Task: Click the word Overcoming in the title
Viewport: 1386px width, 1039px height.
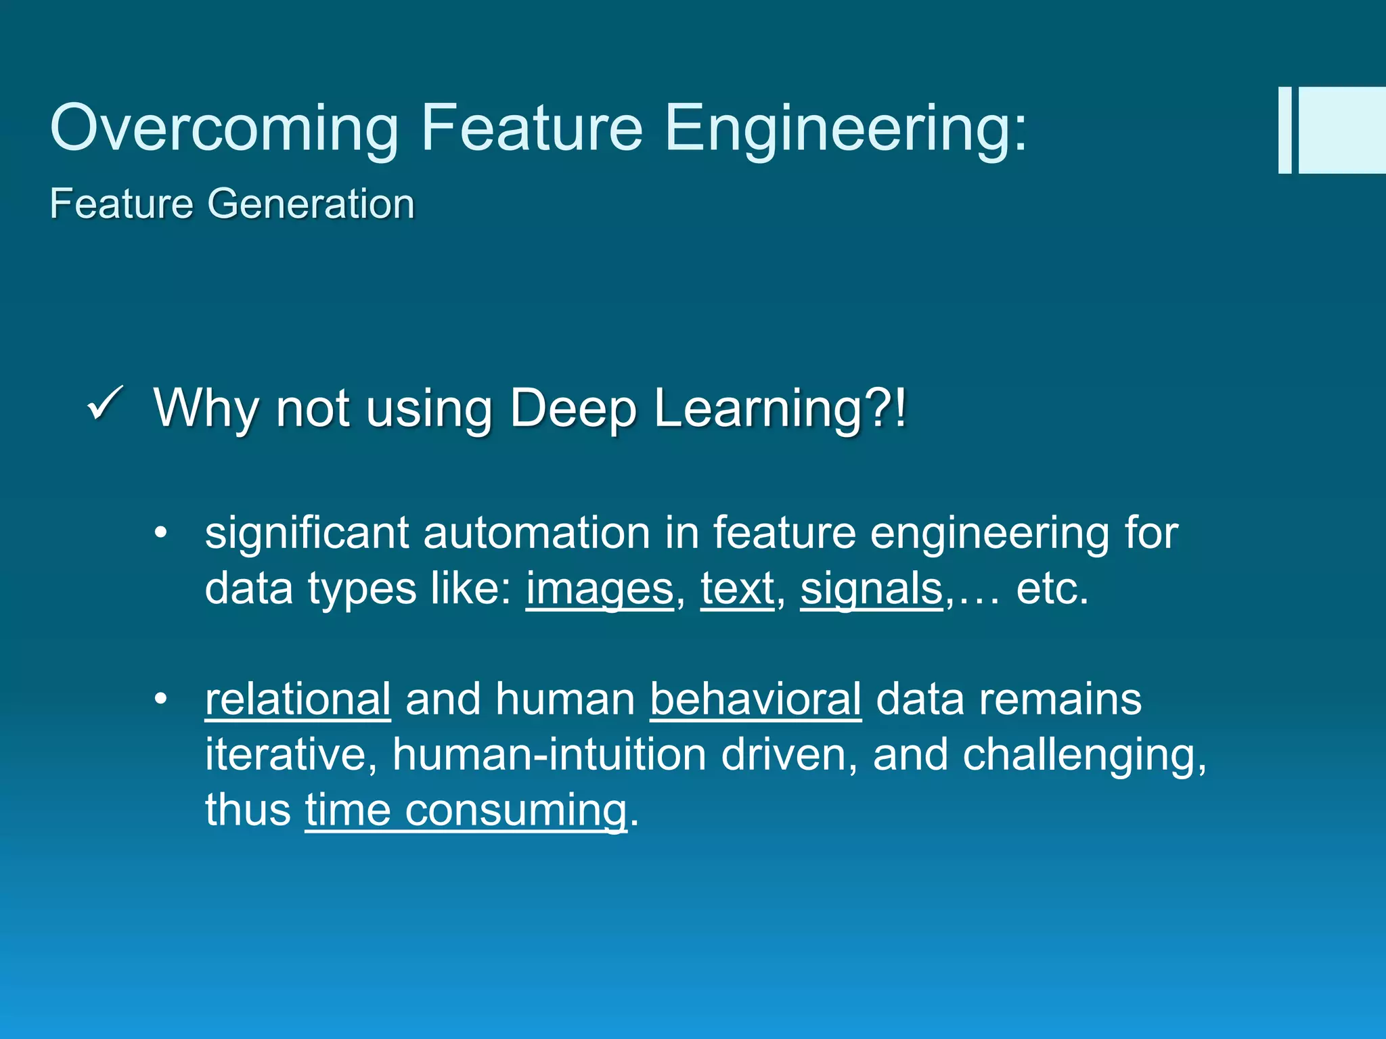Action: pos(224,129)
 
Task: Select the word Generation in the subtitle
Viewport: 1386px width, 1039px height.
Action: pos(311,204)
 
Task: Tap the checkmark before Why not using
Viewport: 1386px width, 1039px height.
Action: pos(105,404)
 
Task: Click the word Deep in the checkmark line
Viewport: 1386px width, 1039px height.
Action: pos(573,409)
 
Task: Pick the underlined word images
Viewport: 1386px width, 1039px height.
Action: pos(600,588)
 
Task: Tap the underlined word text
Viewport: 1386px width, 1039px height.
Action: pos(737,588)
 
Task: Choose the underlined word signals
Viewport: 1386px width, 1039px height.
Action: pos(871,588)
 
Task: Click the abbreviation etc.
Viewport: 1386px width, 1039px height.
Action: pos(1052,588)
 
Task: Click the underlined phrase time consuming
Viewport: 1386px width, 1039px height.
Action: pos(466,810)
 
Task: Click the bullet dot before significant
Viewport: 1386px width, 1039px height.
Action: pos(160,534)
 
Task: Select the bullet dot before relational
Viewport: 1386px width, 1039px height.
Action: pos(160,699)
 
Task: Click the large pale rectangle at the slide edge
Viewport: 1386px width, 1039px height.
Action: pos(1341,130)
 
